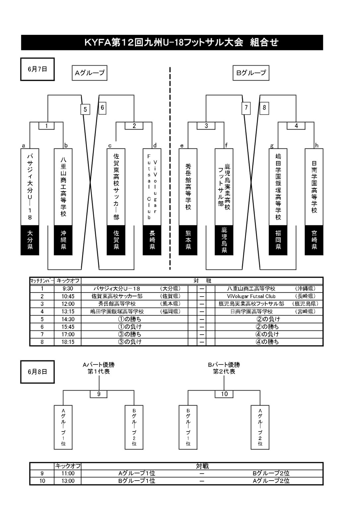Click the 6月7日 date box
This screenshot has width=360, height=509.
coord(37,69)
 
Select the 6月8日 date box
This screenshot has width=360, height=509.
coord(37,372)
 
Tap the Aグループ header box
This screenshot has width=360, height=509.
coord(90,73)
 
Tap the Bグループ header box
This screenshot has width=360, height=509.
coord(251,73)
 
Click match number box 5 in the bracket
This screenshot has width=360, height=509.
coord(85,109)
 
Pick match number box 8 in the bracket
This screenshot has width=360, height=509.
coord(264,108)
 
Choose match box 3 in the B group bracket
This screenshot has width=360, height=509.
coord(206,126)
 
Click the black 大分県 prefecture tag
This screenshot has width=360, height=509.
coord(30,240)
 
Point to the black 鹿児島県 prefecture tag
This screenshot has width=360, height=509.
coord(224,240)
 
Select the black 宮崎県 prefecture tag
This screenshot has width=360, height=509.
coord(314,240)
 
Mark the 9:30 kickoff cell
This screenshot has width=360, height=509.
coord(68,289)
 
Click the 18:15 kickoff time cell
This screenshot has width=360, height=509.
coord(68,342)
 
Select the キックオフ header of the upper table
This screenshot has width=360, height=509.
coord(68,281)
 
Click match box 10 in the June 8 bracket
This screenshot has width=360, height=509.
coord(224,394)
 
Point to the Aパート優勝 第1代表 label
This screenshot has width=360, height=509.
coord(99,368)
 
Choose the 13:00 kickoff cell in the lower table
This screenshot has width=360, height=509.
coord(68,481)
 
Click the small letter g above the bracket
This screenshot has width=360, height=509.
coord(272,145)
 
